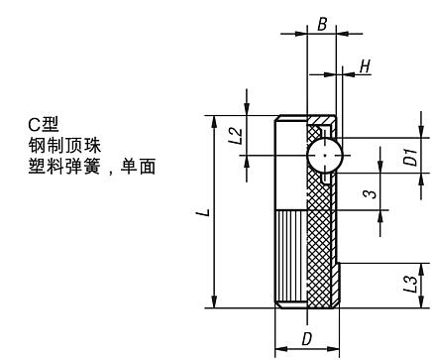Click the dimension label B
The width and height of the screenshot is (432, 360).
tap(322, 21)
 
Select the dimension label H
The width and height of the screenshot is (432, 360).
tap(365, 66)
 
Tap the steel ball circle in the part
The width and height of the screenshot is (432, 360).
tap(325, 156)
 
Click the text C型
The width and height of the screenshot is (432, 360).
tap(44, 124)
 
